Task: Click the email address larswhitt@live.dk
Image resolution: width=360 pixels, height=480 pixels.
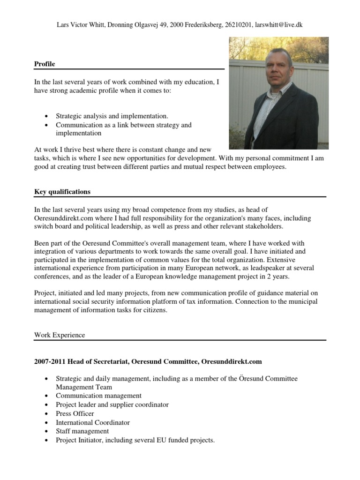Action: tap(278, 25)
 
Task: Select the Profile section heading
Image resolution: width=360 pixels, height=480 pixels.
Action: tap(45, 64)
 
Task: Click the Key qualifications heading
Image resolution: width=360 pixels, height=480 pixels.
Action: tap(62, 192)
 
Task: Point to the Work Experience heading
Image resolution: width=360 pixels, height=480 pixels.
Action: tap(59, 335)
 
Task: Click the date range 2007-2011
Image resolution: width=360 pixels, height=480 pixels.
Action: tap(49, 362)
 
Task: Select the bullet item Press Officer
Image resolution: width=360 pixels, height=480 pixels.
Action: tap(75, 413)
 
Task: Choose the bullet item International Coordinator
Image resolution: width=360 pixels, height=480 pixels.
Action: tap(92, 422)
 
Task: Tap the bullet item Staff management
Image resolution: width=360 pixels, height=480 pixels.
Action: tap(82, 431)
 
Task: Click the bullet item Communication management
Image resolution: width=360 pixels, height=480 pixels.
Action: tap(98, 396)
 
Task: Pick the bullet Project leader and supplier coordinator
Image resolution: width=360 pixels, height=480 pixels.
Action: tap(112, 405)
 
